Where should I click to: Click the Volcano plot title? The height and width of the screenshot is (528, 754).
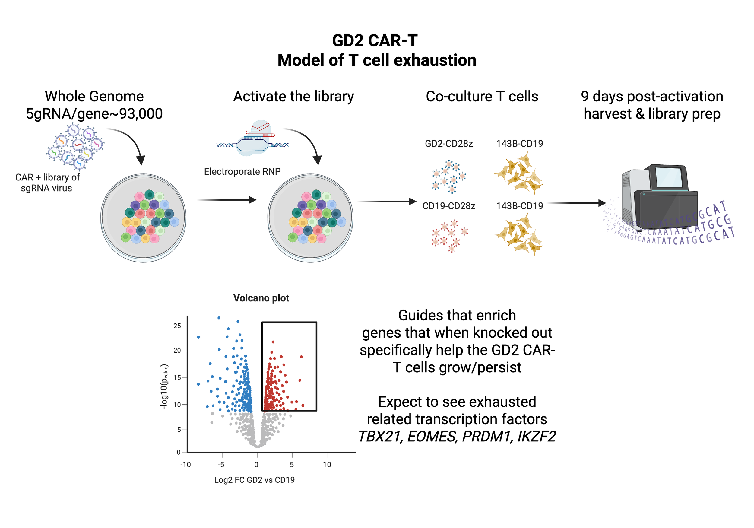(x=261, y=298)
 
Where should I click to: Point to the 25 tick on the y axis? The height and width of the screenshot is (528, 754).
(x=177, y=326)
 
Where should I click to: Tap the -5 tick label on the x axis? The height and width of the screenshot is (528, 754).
(x=221, y=464)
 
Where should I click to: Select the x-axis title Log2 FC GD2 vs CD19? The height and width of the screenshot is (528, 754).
(x=254, y=480)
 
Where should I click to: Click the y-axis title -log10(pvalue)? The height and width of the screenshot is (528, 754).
(x=164, y=386)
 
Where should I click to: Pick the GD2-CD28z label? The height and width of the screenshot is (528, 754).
(x=448, y=144)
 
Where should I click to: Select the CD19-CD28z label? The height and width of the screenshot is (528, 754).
(x=448, y=206)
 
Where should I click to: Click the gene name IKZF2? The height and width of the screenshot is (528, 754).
(x=537, y=437)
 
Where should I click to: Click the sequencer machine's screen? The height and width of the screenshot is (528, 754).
(x=668, y=177)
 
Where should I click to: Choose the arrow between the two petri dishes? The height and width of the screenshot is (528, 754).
(x=227, y=200)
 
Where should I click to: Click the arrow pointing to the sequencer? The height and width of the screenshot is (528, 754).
(x=576, y=203)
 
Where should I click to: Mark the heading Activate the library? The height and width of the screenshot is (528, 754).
(x=293, y=97)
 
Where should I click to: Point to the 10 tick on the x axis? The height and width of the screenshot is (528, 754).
(x=327, y=464)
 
